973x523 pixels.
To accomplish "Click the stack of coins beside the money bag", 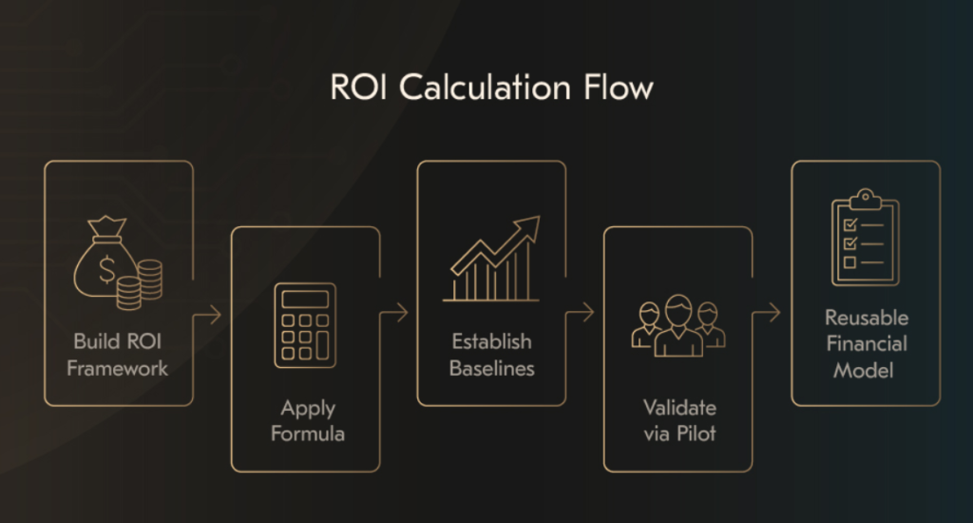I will click(149, 283).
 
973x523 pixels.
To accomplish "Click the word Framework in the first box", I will click(118, 368).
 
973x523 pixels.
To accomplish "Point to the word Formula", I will click(307, 435).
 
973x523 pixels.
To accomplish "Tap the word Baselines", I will click(491, 368).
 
